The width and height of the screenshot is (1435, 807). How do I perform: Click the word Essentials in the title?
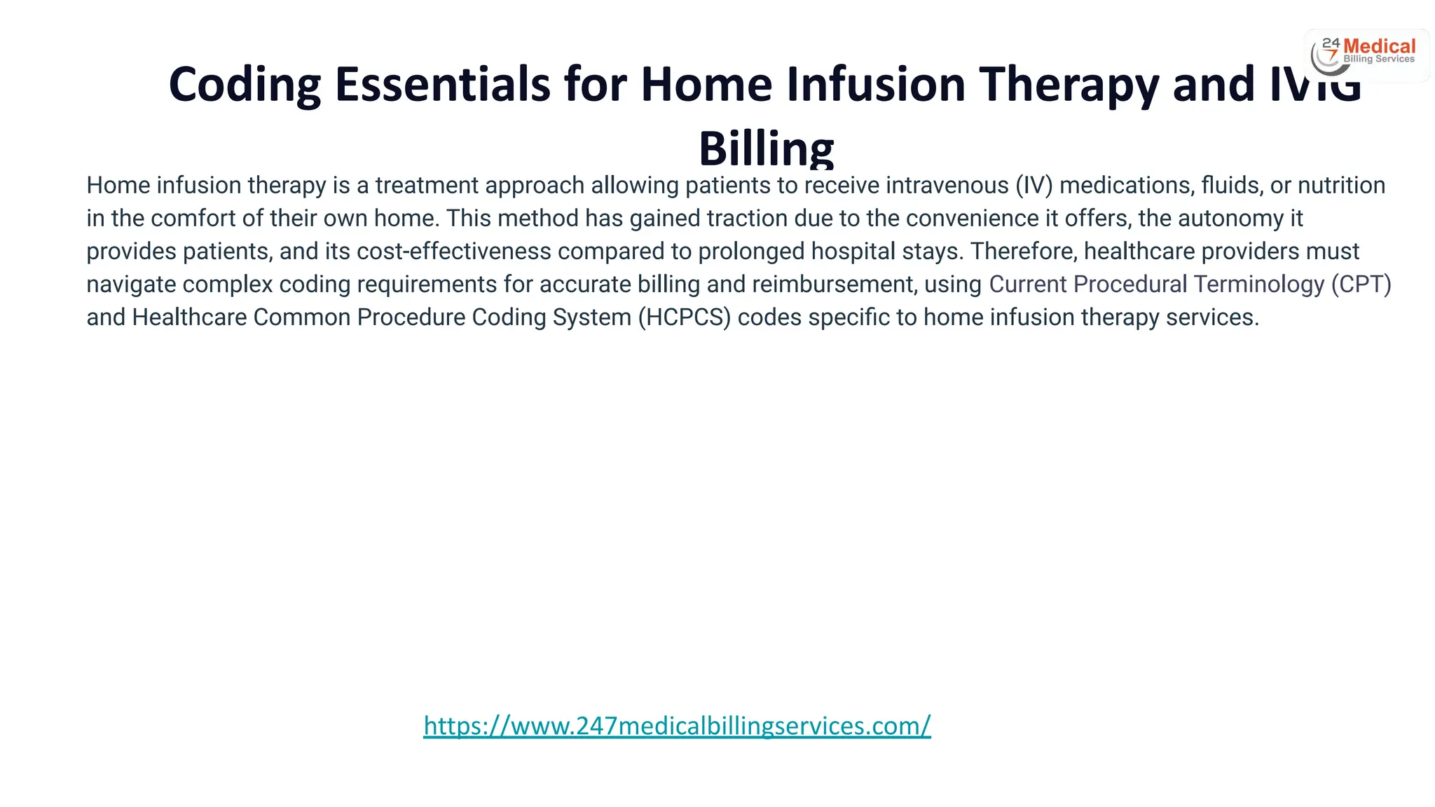click(x=443, y=84)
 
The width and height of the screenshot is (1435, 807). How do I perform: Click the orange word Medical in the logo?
click(x=1379, y=46)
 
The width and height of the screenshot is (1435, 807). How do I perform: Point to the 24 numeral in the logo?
click(x=1331, y=43)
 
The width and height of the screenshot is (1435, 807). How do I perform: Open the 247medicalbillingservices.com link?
click(x=677, y=726)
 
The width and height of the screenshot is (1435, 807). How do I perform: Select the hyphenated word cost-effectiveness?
click(x=454, y=251)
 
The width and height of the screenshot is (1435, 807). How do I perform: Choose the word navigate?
click(x=131, y=284)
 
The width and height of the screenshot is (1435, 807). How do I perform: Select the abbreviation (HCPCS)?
click(x=684, y=317)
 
